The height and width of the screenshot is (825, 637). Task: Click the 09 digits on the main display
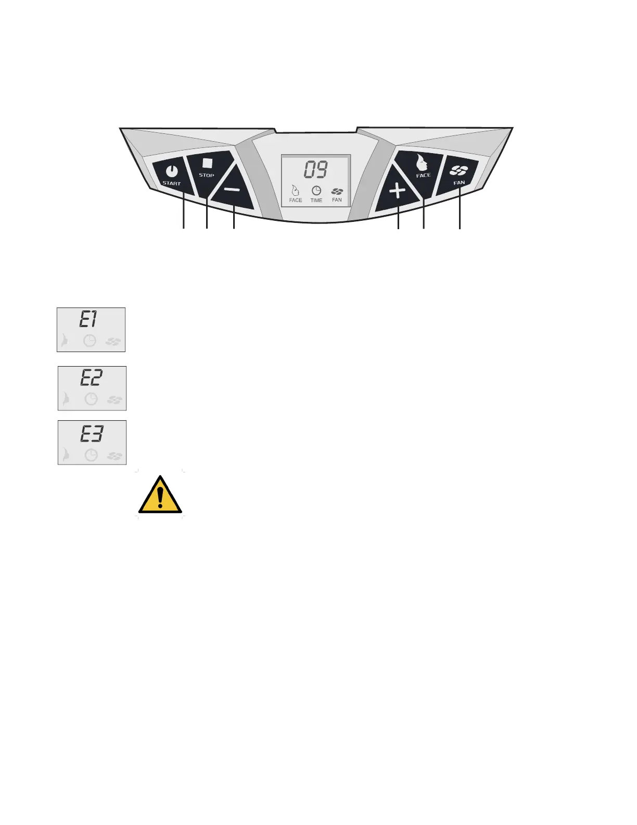(x=316, y=170)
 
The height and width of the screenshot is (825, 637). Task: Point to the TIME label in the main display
(x=316, y=200)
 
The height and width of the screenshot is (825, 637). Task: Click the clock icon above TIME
(x=316, y=191)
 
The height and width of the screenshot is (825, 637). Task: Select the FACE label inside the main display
(x=296, y=200)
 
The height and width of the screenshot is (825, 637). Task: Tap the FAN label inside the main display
(x=337, y=200)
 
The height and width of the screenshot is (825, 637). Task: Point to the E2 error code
(x=91, y=378)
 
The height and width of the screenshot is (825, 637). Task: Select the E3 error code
(x=92, y=433)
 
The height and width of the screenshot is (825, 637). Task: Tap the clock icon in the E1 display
(x=90, y=341)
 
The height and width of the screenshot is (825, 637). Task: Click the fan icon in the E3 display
(x=114, y=456)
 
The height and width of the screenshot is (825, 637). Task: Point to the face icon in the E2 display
(x=66, y=399)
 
